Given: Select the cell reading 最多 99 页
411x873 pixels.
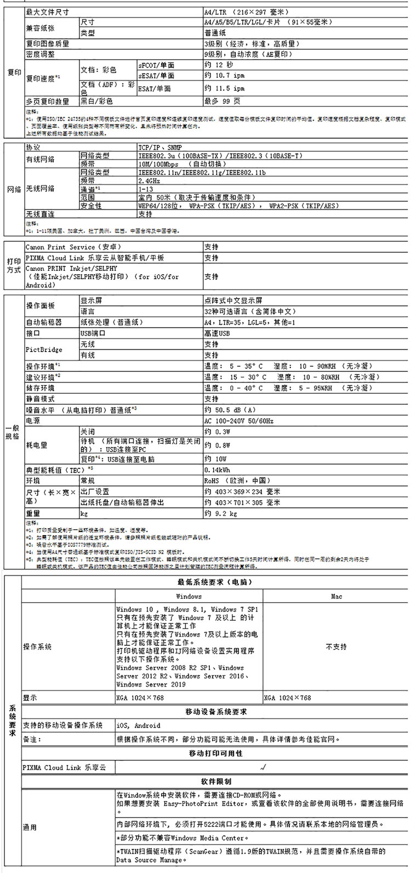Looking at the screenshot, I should coord(222,101).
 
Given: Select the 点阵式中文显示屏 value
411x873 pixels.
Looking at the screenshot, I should coord(233,301).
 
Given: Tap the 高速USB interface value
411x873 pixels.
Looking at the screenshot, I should coord(217,333).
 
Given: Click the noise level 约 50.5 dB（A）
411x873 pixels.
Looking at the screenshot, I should coord(230,410).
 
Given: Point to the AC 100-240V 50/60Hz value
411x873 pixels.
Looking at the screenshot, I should coord(238,421).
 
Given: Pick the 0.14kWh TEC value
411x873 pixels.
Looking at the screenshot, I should coord(217,470).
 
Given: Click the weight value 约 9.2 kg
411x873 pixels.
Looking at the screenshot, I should coord(220,514).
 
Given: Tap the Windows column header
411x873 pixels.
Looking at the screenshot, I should coord(189,596).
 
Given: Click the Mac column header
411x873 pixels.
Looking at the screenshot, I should coord(336,596).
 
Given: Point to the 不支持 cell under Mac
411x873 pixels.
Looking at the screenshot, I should coord(336,647).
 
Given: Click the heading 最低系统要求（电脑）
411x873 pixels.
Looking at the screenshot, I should coord(214,581).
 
